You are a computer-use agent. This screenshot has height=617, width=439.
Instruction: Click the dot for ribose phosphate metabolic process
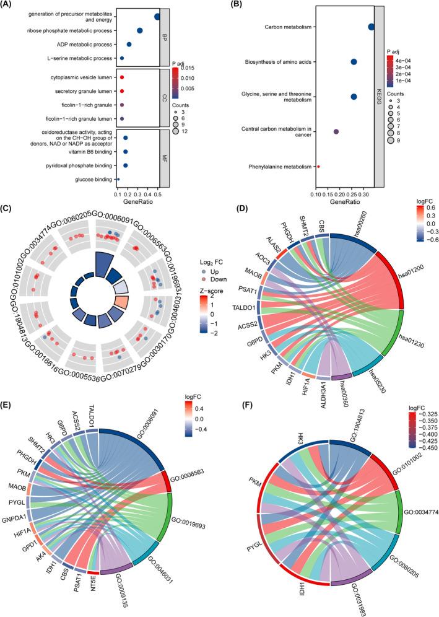[x=140, y=31]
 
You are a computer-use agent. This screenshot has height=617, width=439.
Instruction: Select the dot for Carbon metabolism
[x=371, y=27]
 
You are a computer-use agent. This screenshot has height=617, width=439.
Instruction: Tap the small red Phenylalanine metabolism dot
[x=318, y=167]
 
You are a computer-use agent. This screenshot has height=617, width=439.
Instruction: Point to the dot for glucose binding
[x=118, y=180]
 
